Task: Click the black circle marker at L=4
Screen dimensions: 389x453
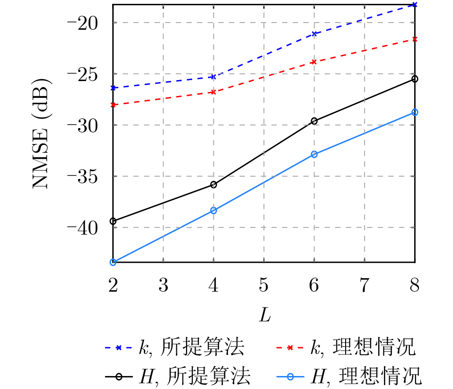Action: click(x=213, y=185)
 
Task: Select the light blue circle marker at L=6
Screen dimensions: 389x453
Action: click(x=314, y=154)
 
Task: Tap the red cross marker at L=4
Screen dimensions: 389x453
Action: click(x=213, y=92)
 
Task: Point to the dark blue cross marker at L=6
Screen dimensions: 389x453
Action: click(x=314, y=34)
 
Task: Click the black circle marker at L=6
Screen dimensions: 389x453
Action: click(x=314, y=121)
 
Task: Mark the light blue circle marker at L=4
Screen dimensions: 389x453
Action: click(x=213, y=211)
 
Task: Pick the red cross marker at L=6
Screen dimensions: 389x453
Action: click(x=314, y=62)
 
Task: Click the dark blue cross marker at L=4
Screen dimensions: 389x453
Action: click(x=213, y=77)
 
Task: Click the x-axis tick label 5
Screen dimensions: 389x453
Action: click(x=264, y=286)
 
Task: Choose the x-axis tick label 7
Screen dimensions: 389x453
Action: click(x=364, y=286)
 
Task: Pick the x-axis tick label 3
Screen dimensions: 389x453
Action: click(x=163, y=286)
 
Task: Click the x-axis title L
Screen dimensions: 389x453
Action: click(x=264, y=315)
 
